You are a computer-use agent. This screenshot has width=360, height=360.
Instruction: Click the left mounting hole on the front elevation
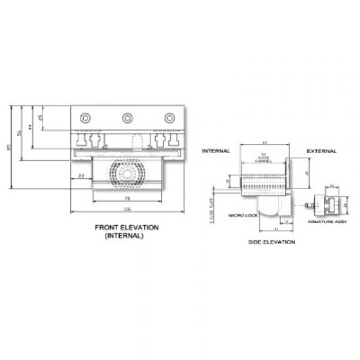(85, 117)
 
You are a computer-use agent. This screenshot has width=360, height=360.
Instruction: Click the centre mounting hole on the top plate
(127, 117)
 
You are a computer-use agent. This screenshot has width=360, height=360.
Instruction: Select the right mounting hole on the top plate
(170, 117)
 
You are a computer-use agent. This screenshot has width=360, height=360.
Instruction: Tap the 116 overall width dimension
(127, 209)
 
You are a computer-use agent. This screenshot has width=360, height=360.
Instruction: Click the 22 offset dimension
(81, 176)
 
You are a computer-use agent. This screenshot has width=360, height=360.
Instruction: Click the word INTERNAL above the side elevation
(215, 151)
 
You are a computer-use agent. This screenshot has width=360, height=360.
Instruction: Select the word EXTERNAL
(322, 151)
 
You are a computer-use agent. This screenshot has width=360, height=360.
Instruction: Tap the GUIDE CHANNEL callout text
(264, 156)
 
